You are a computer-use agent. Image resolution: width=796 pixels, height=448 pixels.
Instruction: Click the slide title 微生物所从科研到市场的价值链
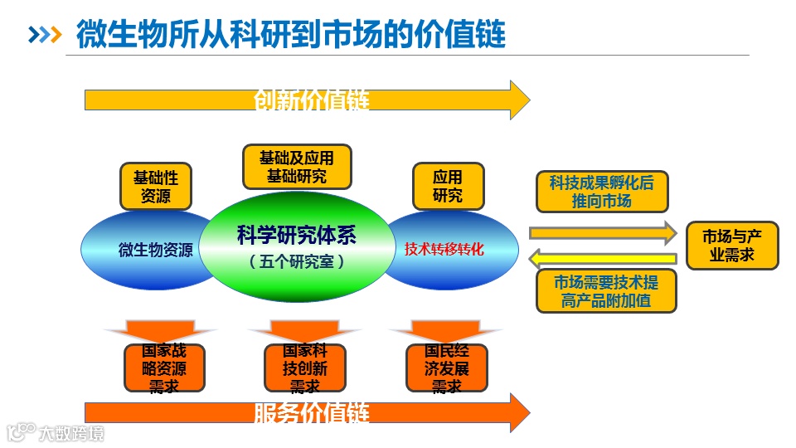tap(290, 35)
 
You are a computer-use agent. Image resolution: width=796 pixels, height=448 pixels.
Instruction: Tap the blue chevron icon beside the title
tap(45, 35)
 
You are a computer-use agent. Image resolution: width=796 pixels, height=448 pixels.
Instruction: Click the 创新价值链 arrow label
tap(311, 100)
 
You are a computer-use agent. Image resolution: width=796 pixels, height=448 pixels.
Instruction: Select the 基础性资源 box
tap(155, 187)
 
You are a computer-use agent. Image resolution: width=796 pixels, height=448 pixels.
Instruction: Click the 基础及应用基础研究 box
tap(297, 167)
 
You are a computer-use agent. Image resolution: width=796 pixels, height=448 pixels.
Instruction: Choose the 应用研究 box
tap(448, 186)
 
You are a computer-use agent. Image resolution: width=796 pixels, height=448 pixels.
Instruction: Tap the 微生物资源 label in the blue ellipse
tap(156, 249)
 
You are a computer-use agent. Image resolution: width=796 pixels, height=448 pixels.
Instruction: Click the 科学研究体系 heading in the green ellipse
tap(296, 236)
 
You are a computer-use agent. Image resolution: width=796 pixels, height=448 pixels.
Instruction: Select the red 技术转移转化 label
tap(444, 248)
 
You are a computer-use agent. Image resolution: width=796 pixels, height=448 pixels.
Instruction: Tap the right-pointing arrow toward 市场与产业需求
tap(603, 232)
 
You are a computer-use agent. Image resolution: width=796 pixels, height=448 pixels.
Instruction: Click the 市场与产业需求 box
tap(732, 246)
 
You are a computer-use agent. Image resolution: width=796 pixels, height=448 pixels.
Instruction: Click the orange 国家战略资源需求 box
tap(164, 368)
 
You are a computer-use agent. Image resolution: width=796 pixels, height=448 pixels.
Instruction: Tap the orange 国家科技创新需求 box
tap(304, 368)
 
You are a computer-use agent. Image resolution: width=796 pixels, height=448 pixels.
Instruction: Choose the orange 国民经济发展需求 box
tap(446, 368)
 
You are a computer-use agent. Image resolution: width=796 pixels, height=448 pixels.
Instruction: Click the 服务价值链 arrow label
tap(311, 412)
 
